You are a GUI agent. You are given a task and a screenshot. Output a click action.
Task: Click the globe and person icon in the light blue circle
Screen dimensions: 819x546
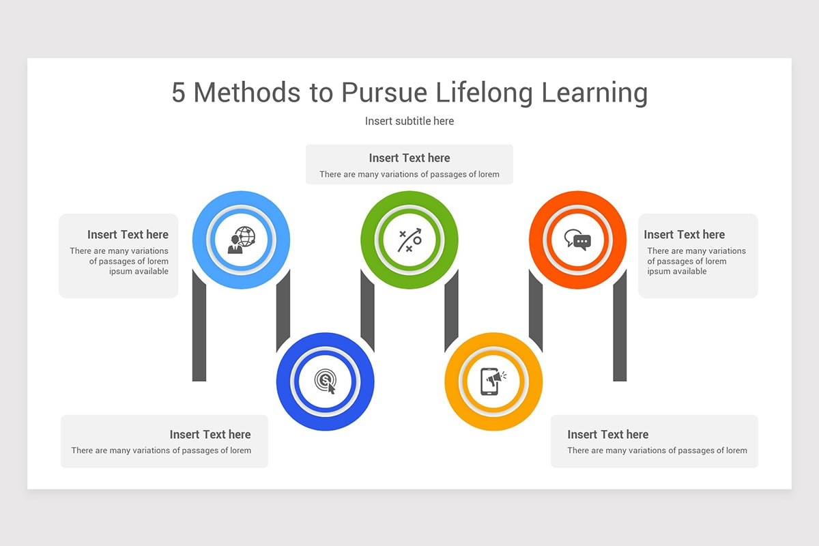(242, 240)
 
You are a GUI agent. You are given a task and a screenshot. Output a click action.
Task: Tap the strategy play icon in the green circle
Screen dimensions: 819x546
(409, 240)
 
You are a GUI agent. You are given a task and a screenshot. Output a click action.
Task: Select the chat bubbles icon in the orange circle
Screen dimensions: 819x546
(577, 240)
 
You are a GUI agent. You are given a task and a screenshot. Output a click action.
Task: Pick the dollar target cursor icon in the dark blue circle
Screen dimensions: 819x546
(325, 382)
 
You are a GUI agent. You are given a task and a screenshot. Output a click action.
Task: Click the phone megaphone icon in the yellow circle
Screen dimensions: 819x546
(493, 382)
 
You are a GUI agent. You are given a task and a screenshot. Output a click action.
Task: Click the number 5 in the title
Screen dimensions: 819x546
(178, 92)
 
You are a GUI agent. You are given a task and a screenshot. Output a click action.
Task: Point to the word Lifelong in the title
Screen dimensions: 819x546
(484, 93)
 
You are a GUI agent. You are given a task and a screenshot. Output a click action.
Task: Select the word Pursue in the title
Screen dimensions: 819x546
(384, 92)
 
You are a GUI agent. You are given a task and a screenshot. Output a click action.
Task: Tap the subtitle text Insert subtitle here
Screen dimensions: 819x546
(409, 121)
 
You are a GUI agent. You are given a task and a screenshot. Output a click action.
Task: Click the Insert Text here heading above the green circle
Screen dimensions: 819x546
(409, 158)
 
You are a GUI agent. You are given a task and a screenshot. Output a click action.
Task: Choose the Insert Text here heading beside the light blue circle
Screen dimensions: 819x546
(128, 234)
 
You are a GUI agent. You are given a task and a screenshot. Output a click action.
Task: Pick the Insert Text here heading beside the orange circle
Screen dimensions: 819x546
(685, 234)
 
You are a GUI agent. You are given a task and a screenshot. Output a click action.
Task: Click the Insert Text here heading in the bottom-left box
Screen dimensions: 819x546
(210, 435)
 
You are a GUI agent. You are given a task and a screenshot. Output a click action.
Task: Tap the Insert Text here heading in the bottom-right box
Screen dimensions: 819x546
(608, 435)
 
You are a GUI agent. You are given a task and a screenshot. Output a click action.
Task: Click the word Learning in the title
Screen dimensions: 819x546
(594, 93)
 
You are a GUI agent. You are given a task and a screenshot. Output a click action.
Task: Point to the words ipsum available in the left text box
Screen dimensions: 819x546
(139, 272)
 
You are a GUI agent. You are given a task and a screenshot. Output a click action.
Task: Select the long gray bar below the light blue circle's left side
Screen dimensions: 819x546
(199, 326)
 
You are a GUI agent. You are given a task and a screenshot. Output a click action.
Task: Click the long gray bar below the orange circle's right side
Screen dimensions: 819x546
(620, 326)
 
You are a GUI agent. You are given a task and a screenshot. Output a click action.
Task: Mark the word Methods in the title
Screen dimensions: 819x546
(247, 92)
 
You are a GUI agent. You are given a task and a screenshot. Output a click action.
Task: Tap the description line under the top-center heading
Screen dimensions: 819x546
(409, 175)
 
